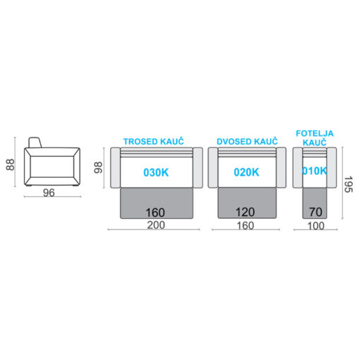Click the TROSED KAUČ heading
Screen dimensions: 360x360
coord(153,142)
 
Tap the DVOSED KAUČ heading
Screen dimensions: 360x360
coord(247,142)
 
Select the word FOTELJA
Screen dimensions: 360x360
coord(315,133)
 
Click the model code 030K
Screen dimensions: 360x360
coord(156,172)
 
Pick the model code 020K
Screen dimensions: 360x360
coord(246,172)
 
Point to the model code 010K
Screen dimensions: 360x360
coord(315,171)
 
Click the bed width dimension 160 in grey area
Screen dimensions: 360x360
coord(155,212)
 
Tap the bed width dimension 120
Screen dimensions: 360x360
coord(245,212)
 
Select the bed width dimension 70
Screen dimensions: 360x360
coord(316,212)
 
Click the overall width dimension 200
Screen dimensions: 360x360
coord(156,225)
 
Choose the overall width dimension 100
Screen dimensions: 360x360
coord(316,226)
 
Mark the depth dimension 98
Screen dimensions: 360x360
coord(98,167)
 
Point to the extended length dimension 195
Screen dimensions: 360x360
coord(348,184)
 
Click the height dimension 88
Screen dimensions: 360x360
coord(10,164)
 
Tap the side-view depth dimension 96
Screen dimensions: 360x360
coord(49,193)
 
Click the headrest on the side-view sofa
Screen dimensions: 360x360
coord(35,143)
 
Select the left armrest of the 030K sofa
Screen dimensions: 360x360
coord(115,167)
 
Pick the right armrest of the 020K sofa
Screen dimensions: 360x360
coord(281,167)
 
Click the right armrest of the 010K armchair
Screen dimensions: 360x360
coord(332,167)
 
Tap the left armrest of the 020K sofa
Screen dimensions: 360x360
coord(213,167)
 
